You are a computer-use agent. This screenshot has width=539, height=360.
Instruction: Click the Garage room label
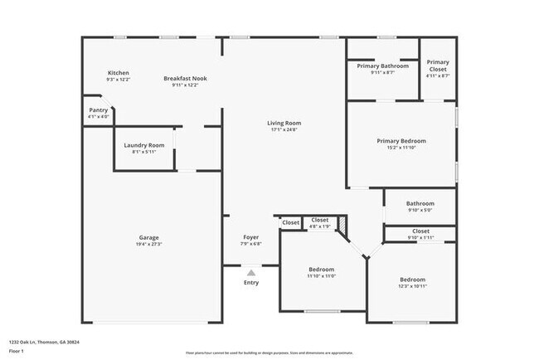click(148, 238)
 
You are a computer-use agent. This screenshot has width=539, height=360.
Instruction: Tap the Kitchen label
click(119, 73)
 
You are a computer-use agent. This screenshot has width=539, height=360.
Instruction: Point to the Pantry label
click(98, 109)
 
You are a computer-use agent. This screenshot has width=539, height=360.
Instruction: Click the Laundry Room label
click(144, 145)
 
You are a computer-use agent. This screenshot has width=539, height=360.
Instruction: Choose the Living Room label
click(284, 123)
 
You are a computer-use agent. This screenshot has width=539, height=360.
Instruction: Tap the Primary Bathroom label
click(382, 66)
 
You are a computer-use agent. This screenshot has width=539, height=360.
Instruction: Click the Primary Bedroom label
click(401, 141)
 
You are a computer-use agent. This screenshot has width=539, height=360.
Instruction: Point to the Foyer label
click(250, 237)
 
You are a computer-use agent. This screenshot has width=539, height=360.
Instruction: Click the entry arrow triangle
click(251, 272)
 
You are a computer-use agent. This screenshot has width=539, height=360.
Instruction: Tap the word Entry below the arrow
click(250, 283)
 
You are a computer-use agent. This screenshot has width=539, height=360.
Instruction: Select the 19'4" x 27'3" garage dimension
click(148, 245)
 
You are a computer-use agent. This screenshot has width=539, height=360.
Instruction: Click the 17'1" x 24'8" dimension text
click(284, 129)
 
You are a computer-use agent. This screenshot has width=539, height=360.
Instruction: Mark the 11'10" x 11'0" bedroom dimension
click(322, 276)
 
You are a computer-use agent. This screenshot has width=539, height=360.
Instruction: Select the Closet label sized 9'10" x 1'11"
click(420, 231)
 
